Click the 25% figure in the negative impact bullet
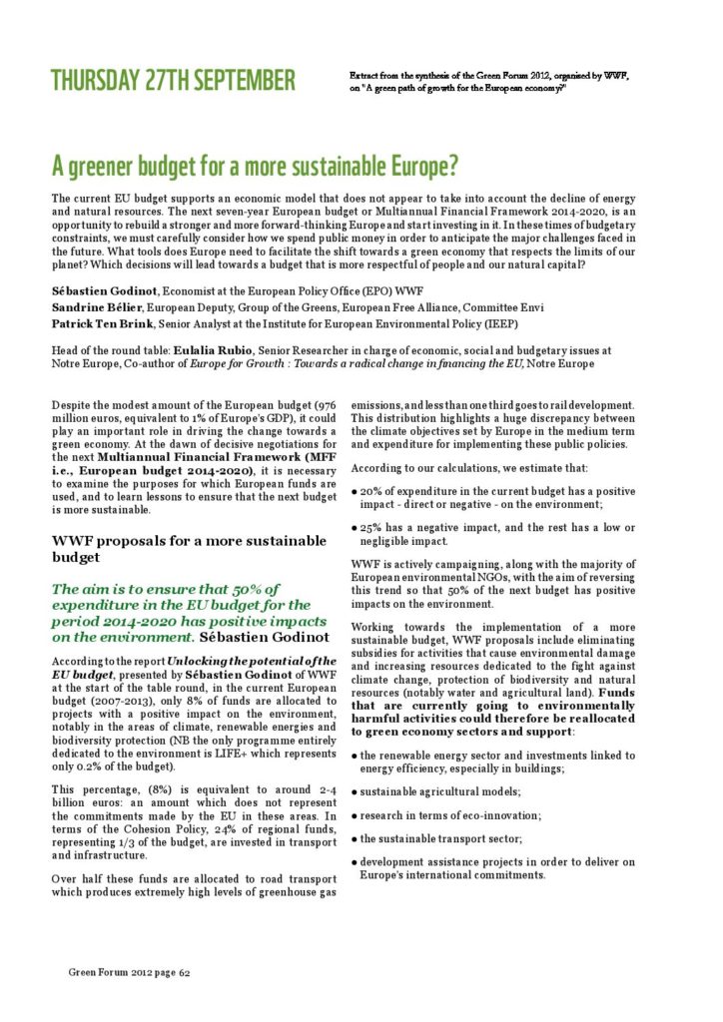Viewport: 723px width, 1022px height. point(371,527)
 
